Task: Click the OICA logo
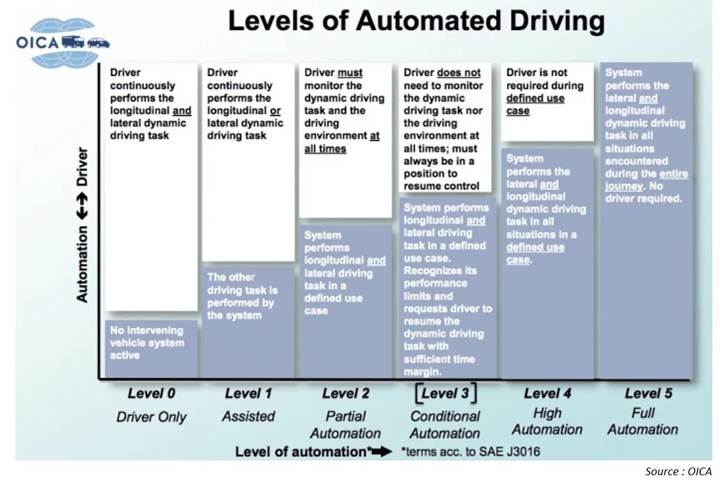(x=62, y=43)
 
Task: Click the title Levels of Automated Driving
(x=416, y=21)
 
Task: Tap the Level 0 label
(x=151, y=393)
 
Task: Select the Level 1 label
(x=248, y=393)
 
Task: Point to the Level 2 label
(x=345, y=393)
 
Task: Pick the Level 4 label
(x=547, y=393)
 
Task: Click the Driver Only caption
(x=151, y=417)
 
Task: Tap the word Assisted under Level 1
(x=248, y=416)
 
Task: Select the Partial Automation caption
(x=345, y=424)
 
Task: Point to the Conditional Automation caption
(x=445, y=424)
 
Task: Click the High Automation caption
(x=547, y=421)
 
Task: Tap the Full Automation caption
(x=643, y=421)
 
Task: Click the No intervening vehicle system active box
(x=151, y=343)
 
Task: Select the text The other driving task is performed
(x=242, y=296)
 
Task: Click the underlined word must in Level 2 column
(x=350, y=73)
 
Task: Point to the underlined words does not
(x=458, y=73)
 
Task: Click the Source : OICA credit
(x=678, y=471)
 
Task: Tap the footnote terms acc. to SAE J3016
(x=471, y=452)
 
